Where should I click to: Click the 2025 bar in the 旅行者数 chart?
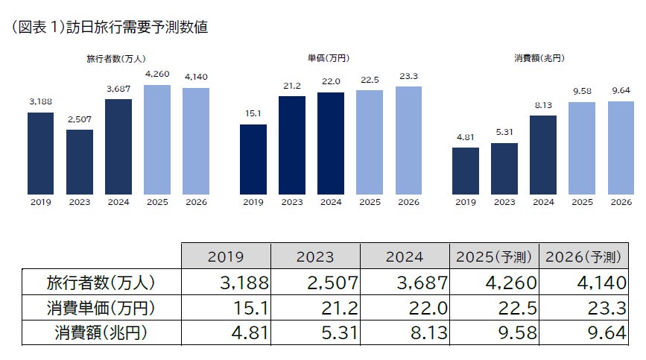pyautogui.click(x=156, y=139)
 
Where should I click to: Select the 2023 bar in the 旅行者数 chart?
pyautogui.click(x=79, y=162)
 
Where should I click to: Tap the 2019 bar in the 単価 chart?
pyautogui.click(x=253, y=159)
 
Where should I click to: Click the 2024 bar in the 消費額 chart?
pyautogui.click(x=543, y=155)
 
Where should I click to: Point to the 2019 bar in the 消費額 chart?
pyautogui.click(x=466, y=171)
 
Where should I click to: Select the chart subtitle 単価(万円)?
pyautogui.click(x=331, y=57)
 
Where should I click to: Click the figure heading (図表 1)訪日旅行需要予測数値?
pyautogui.click(x=110, y=28)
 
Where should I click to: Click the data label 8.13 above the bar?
pyautogui.click(x=543, y=105)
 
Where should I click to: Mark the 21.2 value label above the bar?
pyautogui.click(x=292, y=85)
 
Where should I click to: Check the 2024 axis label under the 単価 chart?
pyautogui.click(x=331, y=202)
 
